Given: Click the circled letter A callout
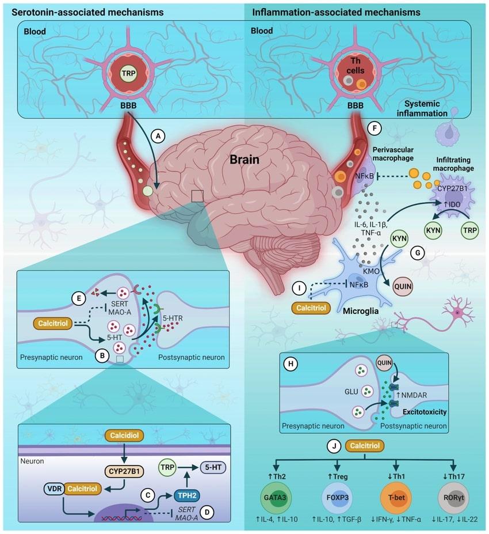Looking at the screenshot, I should (x=156, y=135).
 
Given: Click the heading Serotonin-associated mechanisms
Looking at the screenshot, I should (x=83, y=12).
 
